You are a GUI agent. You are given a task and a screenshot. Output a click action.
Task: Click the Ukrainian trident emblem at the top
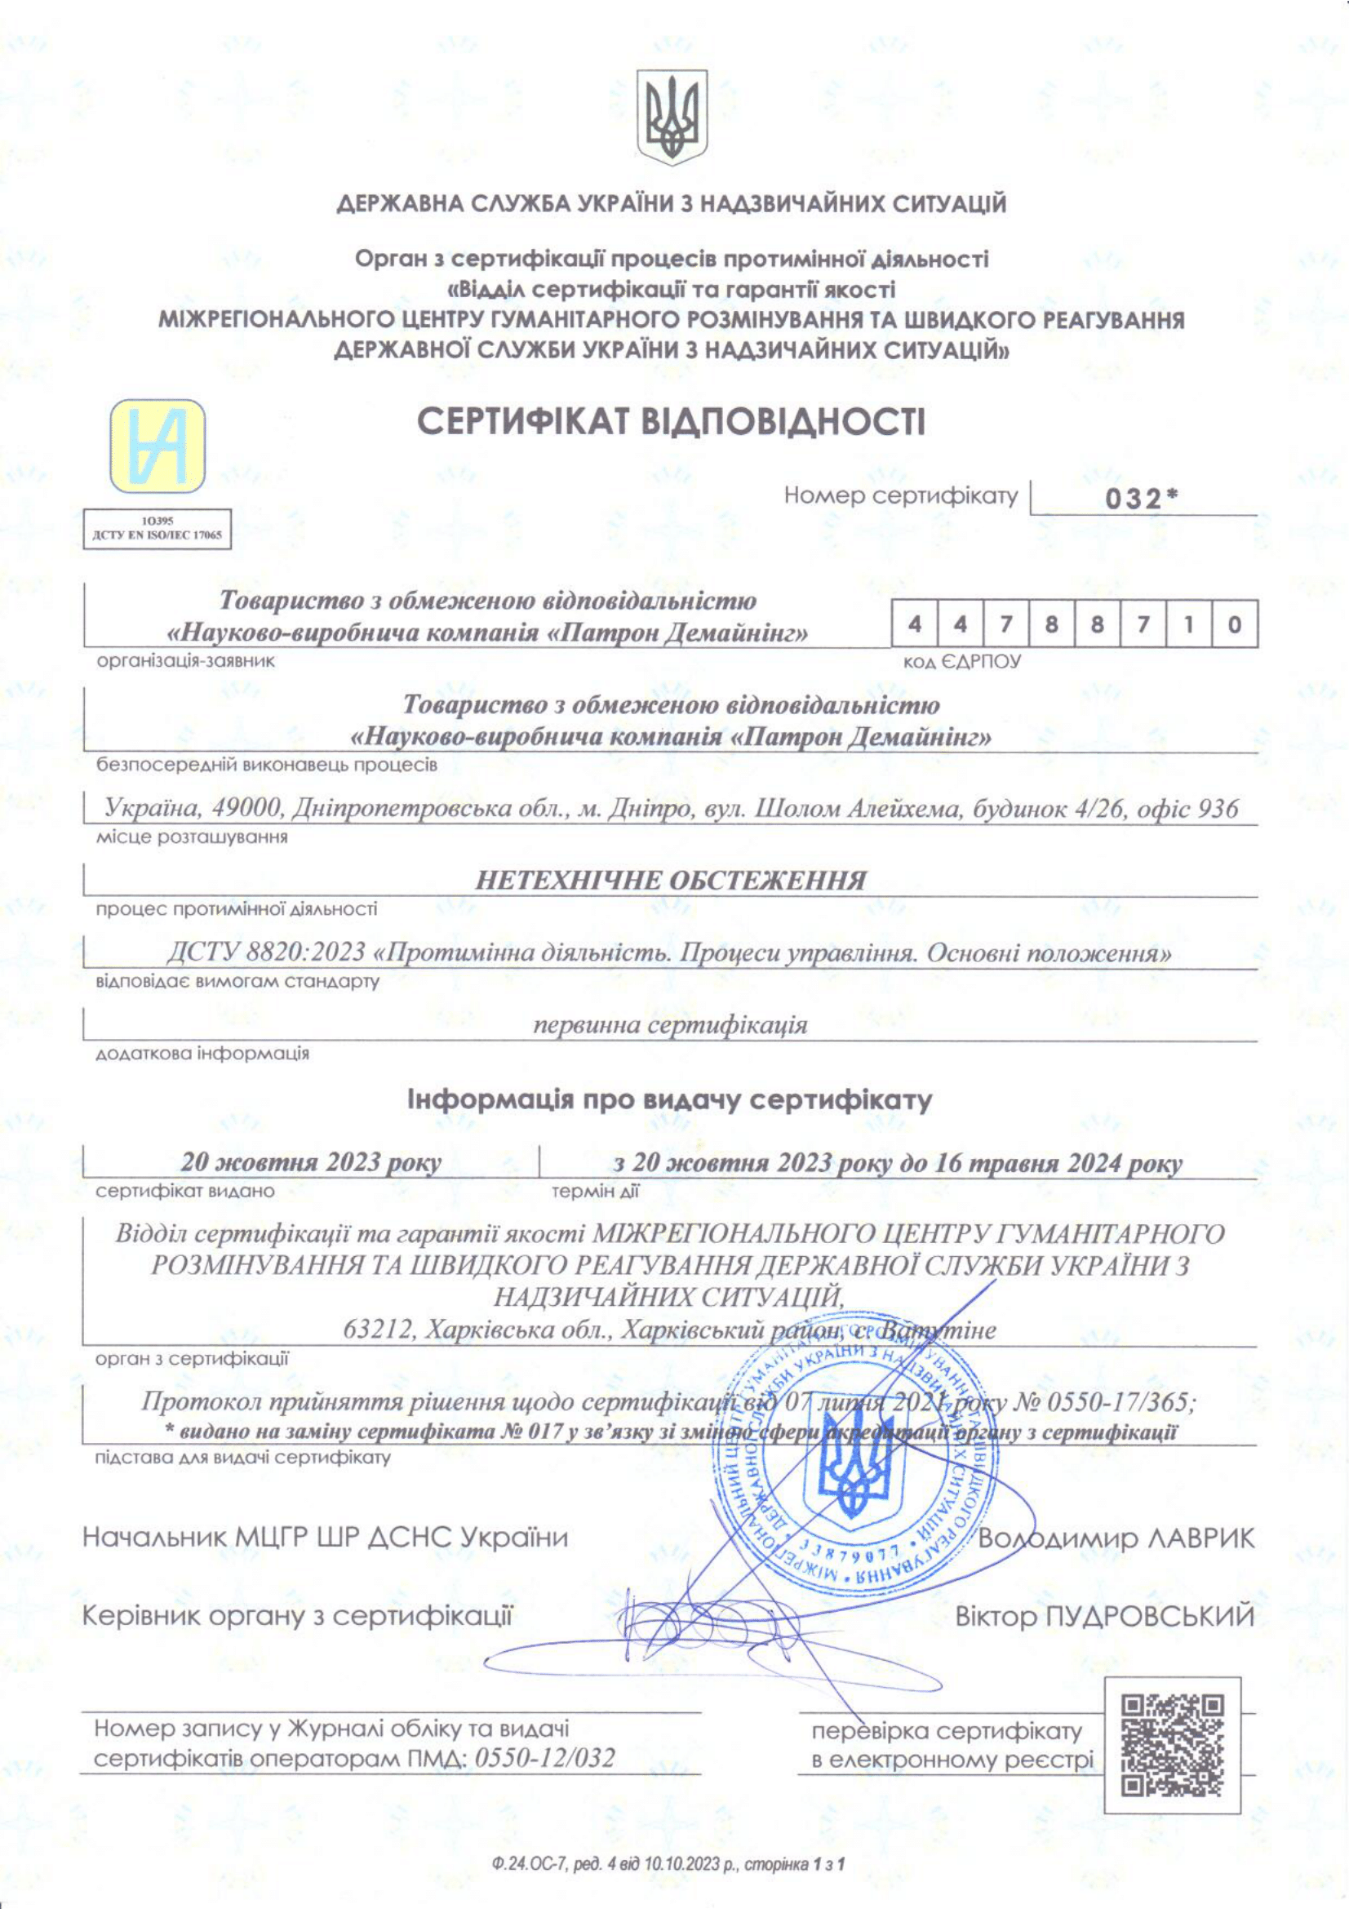(672, 118)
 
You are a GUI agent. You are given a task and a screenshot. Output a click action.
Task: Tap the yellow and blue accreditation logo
(158, 446)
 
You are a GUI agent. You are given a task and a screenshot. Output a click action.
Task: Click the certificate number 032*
(1141, 499)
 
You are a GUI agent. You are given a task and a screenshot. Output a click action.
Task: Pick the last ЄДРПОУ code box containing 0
(1234, 624)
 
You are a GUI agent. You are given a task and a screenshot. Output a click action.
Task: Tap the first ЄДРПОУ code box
(915, 624)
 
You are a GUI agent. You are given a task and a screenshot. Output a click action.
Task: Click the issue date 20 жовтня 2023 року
(310, 1162)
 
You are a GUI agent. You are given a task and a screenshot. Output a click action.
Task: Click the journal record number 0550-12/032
(544, 1758)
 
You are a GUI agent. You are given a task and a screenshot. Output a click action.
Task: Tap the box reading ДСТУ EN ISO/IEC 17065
(157, 529)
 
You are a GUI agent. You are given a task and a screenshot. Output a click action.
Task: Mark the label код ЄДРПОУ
(961, 663)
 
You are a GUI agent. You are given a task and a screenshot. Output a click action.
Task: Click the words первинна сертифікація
(670, 1025)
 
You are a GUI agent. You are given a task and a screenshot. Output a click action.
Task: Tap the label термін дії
(595, 1192)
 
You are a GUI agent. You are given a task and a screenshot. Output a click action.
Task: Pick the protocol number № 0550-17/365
(1104, 1402)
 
